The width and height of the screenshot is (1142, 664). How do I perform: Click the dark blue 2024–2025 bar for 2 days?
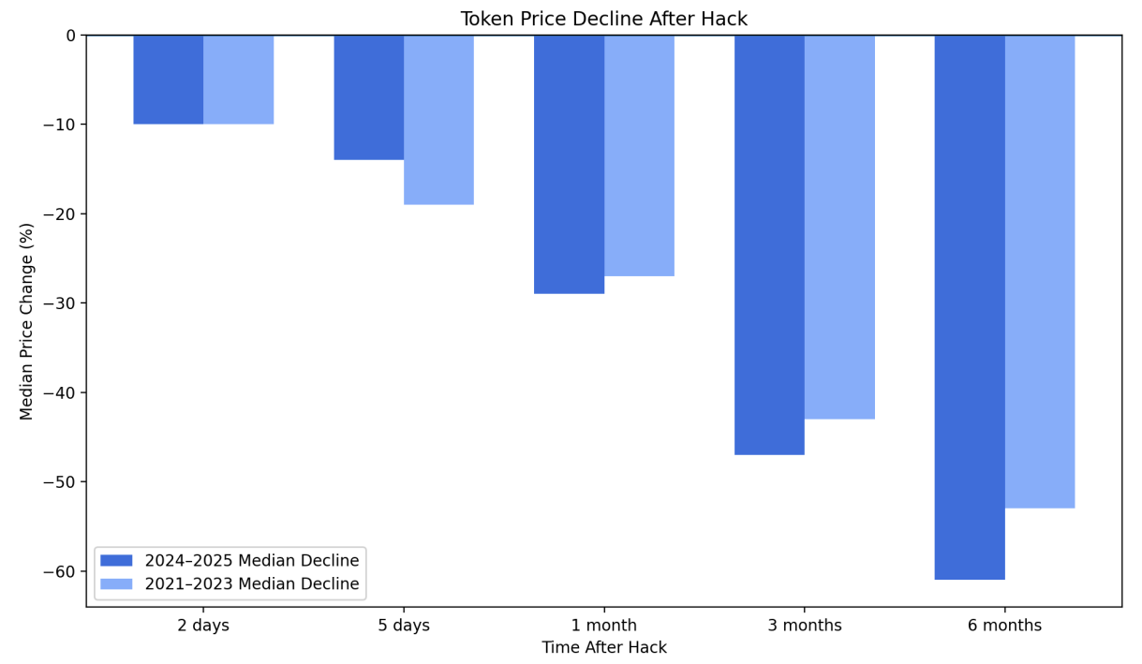[169, 80]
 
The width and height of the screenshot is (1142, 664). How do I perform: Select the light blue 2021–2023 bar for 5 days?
[438, 120]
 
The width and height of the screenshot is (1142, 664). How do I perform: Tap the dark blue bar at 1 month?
[569, 165]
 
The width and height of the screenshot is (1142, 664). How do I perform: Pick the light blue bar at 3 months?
[839, 227]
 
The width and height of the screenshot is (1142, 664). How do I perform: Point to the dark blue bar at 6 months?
[970, 307]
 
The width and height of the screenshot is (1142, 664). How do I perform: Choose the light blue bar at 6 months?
[1040, 272]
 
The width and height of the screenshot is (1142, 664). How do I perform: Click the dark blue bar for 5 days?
[369, 97]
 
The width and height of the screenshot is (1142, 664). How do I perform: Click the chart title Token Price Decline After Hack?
[603, 19]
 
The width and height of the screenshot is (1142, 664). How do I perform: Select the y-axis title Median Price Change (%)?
[26, 321]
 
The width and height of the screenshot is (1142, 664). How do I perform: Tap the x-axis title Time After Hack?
[603, 647]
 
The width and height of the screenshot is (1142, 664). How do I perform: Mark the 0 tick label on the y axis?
[70, 36]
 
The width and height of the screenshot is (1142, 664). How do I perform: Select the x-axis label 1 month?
[603, 626]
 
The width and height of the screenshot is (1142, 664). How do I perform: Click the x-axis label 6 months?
[1004, 626]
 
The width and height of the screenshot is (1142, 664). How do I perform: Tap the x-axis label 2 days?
[203, 626]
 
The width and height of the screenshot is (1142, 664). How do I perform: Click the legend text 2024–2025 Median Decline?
[251, 561]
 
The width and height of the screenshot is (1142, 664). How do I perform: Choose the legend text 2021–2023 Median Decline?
[251, 584]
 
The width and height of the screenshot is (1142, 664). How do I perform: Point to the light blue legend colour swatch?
[116, 584]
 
